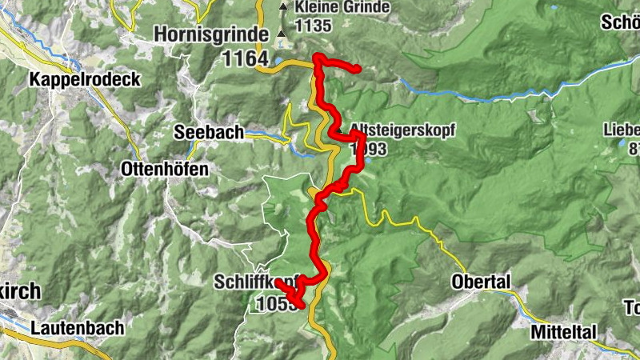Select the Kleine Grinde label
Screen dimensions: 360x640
click(x=342, y=7)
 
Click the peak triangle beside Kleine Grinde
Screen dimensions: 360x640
click(x=282, y=7)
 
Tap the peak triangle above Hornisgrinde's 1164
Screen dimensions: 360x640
click(x=281, y=34)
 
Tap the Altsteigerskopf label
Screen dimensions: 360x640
click(x=397, y=128)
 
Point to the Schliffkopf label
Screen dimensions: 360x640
click(x=256, y=282)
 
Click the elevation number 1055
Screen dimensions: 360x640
click(x=272, y=304)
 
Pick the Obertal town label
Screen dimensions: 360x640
click(x=481, y=283)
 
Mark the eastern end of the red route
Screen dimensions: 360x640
click(x=359, y=70)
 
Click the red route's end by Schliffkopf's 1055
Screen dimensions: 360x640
click(x=277, y=282)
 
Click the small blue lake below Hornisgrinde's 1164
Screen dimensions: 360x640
click(x=277, y=60)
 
